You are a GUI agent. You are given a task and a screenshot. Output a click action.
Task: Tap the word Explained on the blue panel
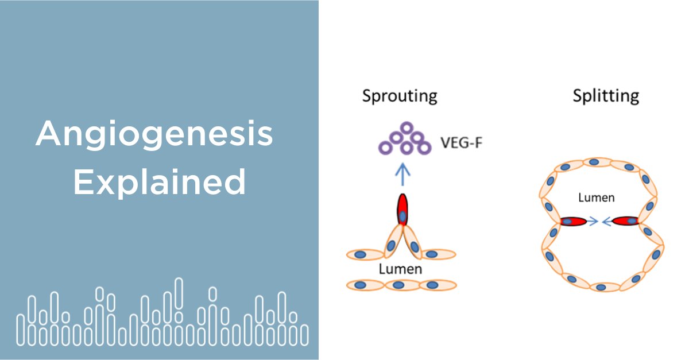click(160, 183)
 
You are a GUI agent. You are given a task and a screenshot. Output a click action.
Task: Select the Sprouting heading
click(400, 95)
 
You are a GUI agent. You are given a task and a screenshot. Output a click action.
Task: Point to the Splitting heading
click(606, 95)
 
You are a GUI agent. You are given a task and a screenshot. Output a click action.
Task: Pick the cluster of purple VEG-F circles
click(405, 140)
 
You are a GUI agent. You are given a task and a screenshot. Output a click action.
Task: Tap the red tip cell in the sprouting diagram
click(402, 210)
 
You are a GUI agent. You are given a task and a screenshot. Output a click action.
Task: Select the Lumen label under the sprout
click(400, 269)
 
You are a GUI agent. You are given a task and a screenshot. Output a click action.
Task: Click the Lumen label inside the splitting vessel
click(596, 198)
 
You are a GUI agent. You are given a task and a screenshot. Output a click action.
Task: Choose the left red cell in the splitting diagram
click(574, 221)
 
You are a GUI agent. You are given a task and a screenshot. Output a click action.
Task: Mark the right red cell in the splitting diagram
click(626, 221)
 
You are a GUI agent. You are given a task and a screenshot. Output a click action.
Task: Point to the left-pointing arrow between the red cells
click(606, 221)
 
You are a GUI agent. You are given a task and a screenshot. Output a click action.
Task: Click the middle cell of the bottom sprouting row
click(400, 285)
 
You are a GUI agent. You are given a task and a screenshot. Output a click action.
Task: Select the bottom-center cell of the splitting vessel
click(601, 286)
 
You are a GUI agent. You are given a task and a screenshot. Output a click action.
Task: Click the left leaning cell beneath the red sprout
click(393, 241)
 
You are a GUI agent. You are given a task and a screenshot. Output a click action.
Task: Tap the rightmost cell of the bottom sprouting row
click(438, 285)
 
